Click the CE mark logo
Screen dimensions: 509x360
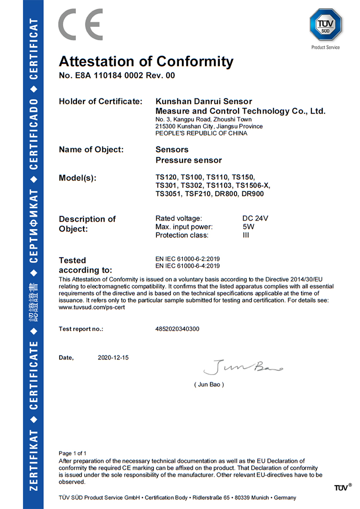pyautogui.click(x=81, y=24)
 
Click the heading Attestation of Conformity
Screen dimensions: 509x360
pyautogui.click(x=146, y=61)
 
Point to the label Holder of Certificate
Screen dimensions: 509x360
pyautogui.click(x=100, y=101)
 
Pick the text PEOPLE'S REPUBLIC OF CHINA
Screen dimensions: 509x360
pyautogui.click(x=202, y=133)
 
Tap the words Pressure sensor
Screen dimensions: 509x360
pyautogui.click(x=189, y=160)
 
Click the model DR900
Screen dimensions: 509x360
pyautogui.click(x=252, y=194)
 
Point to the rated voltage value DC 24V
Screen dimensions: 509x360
pyautogui.click(x=255, y=218)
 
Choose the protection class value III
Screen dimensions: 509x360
pyautogui.click(x=246, y=235)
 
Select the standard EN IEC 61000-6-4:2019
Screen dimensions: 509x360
pyautogui.click(x=188, y=265)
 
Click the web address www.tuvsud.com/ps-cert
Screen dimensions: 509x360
pyautogui.click(x=92, y=307)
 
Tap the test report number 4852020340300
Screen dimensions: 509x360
pyautogui.click(x=177, y=329)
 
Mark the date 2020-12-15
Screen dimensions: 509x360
pyautogui.click(x=113, y=358)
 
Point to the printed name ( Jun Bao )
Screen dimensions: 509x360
pyautogui.click(x=209, y=384)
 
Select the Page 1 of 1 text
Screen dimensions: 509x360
pyautogui.click(x=72, y=453)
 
